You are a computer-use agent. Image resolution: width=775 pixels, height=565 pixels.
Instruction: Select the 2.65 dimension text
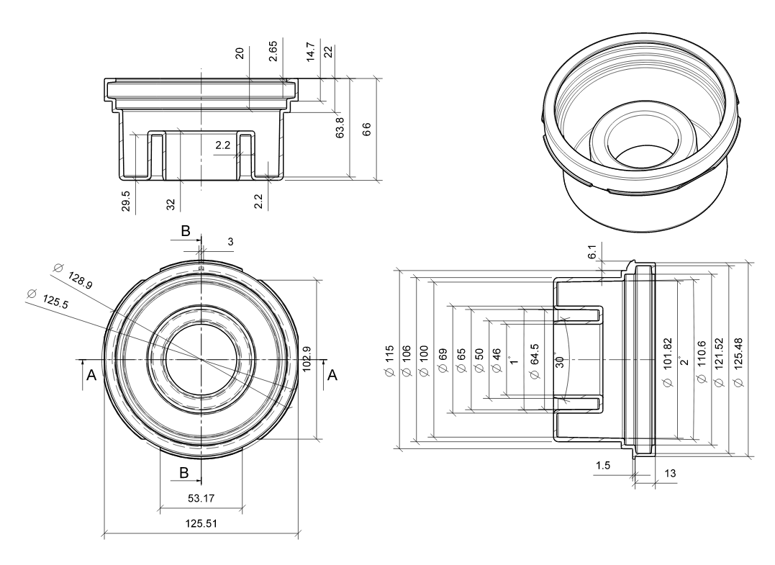pyautogui.click(x=274, y=53)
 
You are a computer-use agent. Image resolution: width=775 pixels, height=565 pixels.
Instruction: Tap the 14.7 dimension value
pyautogui.click(x=311, y=53)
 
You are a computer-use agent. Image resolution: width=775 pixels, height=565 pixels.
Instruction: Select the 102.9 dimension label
pyautogui.click(x=307, y=359)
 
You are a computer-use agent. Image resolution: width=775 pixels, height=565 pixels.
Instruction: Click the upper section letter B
pyautogui.click(x=185, y=231)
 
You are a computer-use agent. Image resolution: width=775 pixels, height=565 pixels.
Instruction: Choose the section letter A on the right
pyautogui.click(x=332, y=375)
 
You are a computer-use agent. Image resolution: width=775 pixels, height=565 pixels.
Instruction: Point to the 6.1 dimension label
pyautogui.click(x=592, y=252)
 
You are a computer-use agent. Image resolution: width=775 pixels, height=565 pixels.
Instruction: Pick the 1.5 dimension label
pyautogui.click(x=603, y=466)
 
